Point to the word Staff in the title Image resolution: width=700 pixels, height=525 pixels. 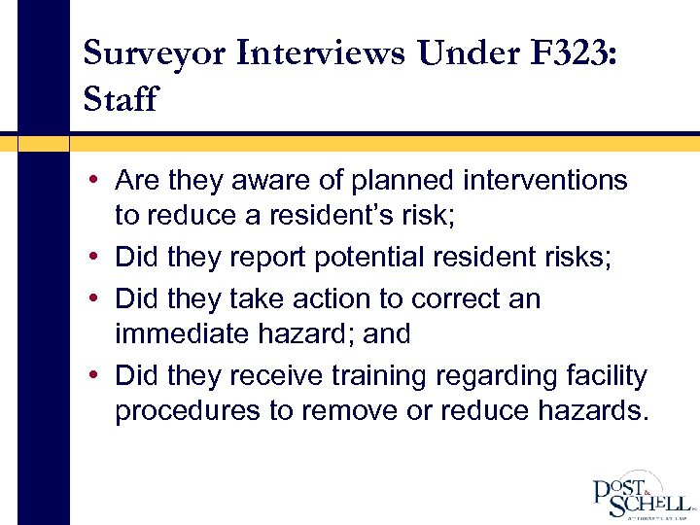tap(121, 99)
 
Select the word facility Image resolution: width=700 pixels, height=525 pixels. tap(604, 374)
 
